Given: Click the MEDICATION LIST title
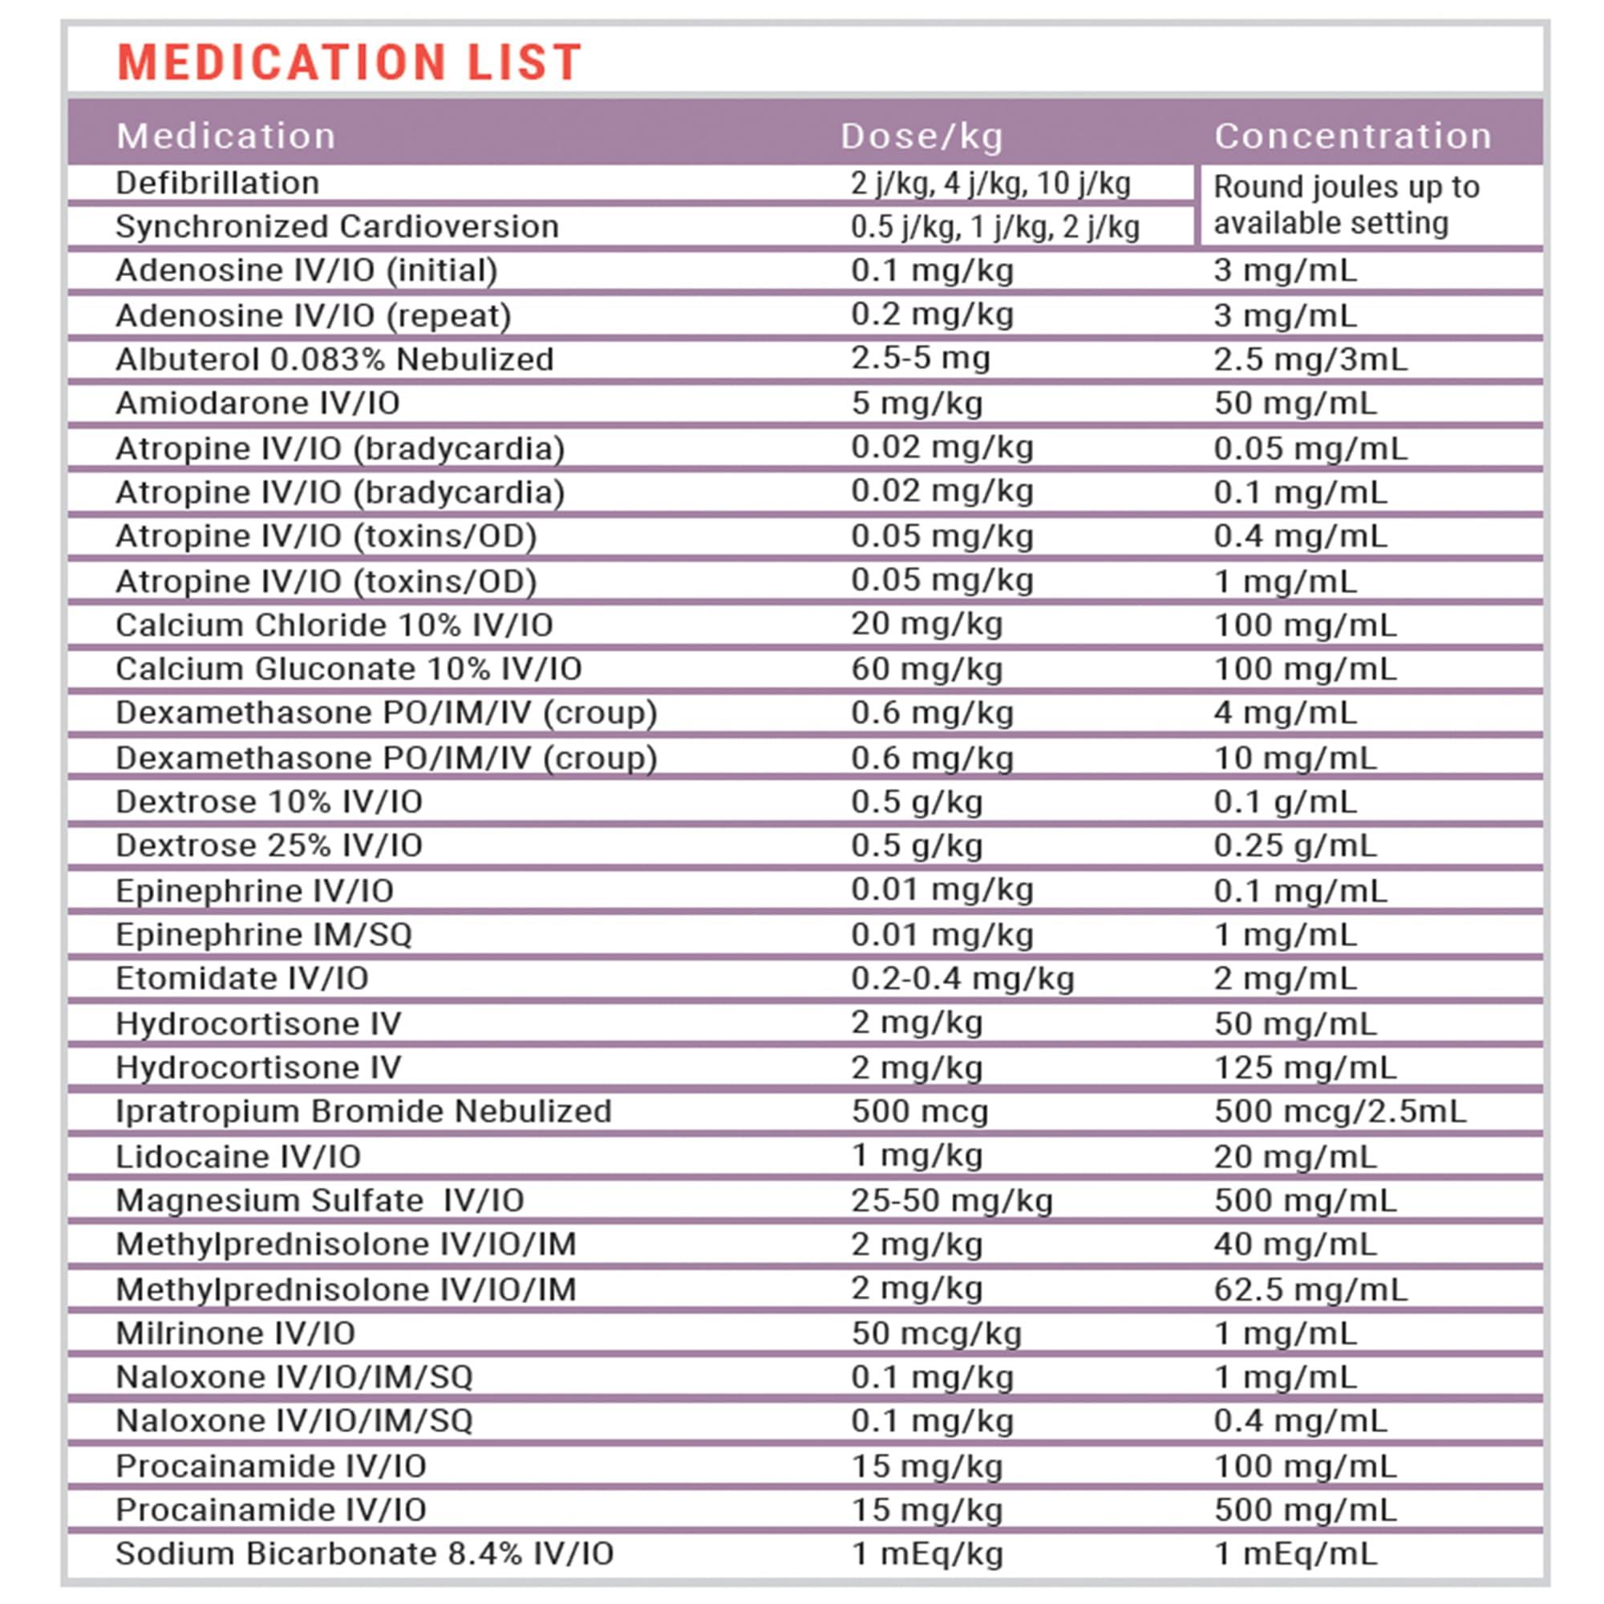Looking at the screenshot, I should (349, 63).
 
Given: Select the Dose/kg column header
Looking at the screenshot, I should (921, 136).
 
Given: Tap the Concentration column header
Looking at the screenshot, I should (1353, 136).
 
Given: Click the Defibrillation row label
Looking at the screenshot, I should (217, 184).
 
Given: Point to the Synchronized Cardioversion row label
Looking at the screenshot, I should (337, 227).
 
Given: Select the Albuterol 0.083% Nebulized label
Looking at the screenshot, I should (334, 359).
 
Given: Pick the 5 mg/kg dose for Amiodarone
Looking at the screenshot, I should (917, 403).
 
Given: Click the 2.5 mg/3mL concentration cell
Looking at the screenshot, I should (1310, 359).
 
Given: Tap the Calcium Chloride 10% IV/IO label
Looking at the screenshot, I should (334, 626).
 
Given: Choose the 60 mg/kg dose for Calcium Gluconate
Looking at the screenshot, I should (926, 669).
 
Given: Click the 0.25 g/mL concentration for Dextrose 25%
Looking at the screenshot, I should (1295, 846).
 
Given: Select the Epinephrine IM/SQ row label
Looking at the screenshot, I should (264, 935).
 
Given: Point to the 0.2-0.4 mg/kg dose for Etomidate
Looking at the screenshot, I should (962, 978).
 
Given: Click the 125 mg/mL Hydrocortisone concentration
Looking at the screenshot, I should (1305, 1067).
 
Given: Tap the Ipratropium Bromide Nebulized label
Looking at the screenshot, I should (363, 1112).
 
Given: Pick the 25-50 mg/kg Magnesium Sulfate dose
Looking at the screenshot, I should (951, 1201).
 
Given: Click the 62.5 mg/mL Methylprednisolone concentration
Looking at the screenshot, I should (1310, 1290).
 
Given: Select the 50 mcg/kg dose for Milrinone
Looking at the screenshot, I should (937, 1334).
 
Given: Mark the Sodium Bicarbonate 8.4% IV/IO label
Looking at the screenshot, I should (364, 1554).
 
